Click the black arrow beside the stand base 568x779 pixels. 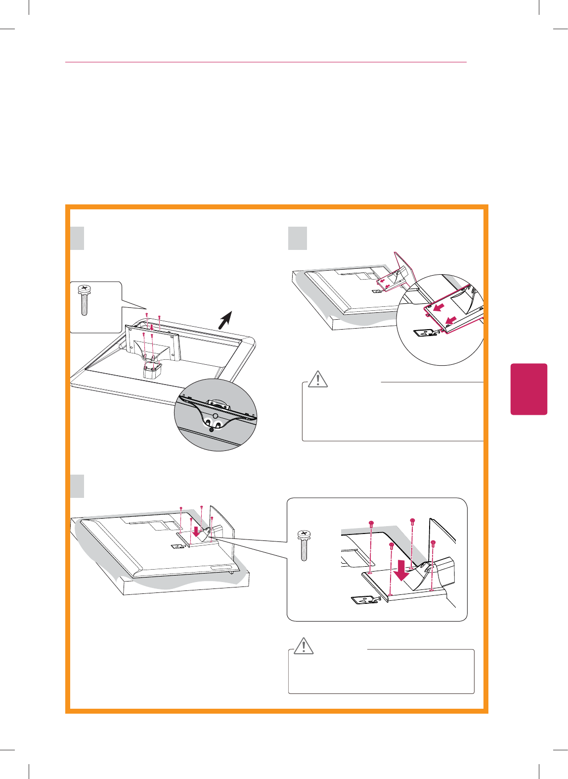pos(225,320)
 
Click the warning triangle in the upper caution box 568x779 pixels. pos(317,379)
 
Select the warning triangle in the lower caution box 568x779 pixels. pos(303,645)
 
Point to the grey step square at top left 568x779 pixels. pos(77,239)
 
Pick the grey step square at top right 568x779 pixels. pos(298,239)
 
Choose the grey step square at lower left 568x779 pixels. pos(77,486)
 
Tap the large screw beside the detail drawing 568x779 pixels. pos(304,545)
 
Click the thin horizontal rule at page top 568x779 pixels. pos(266,62)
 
